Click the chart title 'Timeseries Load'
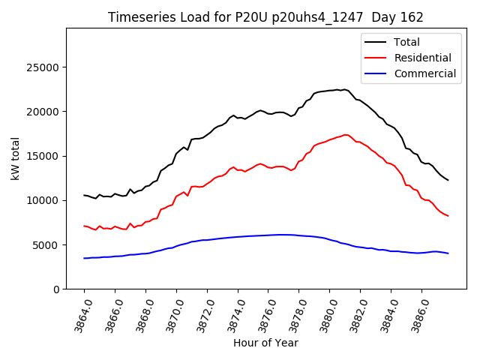coord(265,17)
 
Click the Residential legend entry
coord(416,58)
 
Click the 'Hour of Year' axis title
coord(265,343)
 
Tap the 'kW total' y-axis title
coord(15,158)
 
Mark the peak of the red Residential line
coord(346,135)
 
